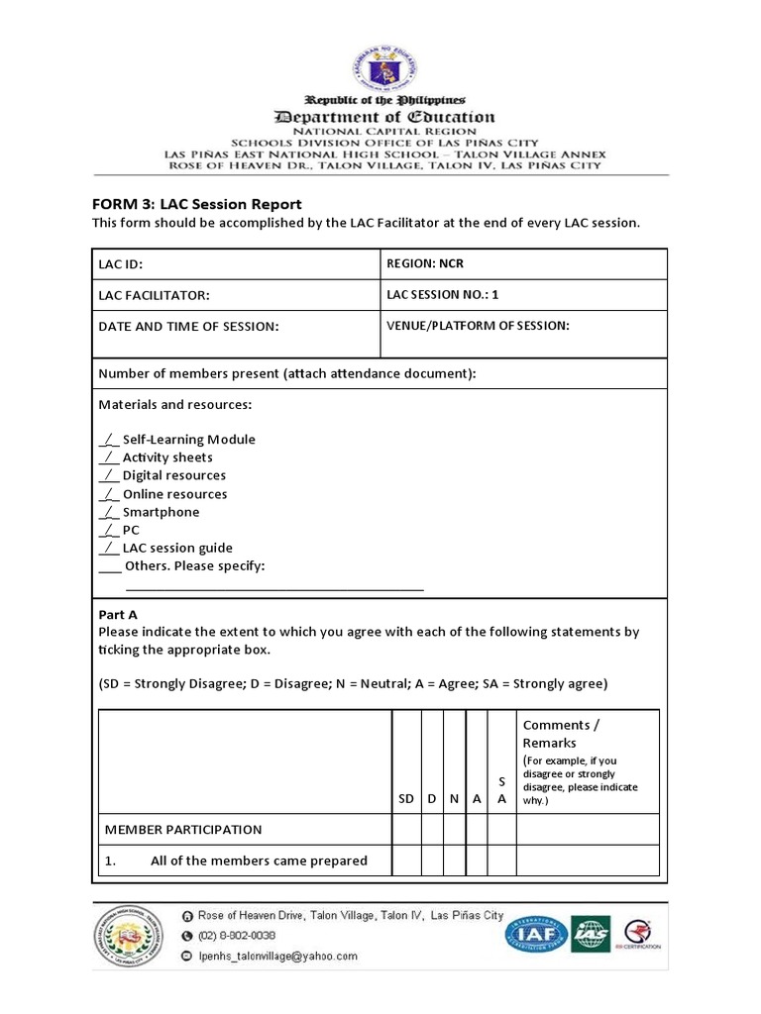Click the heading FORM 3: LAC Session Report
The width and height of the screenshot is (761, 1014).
coord(196,204)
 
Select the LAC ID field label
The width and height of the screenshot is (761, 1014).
coord(127,265)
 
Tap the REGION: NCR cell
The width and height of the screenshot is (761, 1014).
coord(424,264)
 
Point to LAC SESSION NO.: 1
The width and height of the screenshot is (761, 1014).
coord(443,294)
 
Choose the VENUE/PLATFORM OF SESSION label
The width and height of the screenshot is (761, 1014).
coord(478,326)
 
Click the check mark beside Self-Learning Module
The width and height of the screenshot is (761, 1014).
coord(109,440)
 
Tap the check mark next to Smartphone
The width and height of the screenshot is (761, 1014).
coord(109,512)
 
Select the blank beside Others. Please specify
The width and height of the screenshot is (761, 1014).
coord(110,566)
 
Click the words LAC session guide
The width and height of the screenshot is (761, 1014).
coord(177,548)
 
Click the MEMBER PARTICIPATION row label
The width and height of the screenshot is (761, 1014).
coord(183,829)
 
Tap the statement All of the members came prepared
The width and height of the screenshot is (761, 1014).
coord(258,861)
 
